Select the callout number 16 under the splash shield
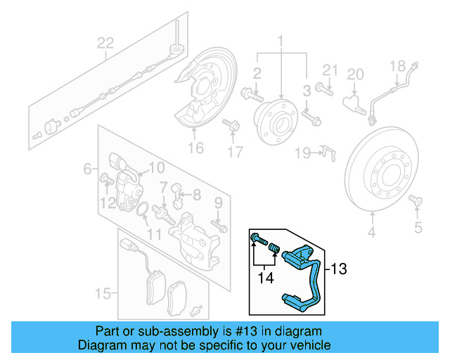pos(195,148)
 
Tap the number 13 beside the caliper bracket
pos(339,269)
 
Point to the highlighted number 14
pos(266,278)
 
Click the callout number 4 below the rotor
pos(372,229)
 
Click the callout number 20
pos(355,74)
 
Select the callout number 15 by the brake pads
pos(103,292)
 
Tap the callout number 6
pos(88,169)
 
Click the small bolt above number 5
pos(415,201)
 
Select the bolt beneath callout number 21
pos(324,89)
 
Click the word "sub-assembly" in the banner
pos(164,331)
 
